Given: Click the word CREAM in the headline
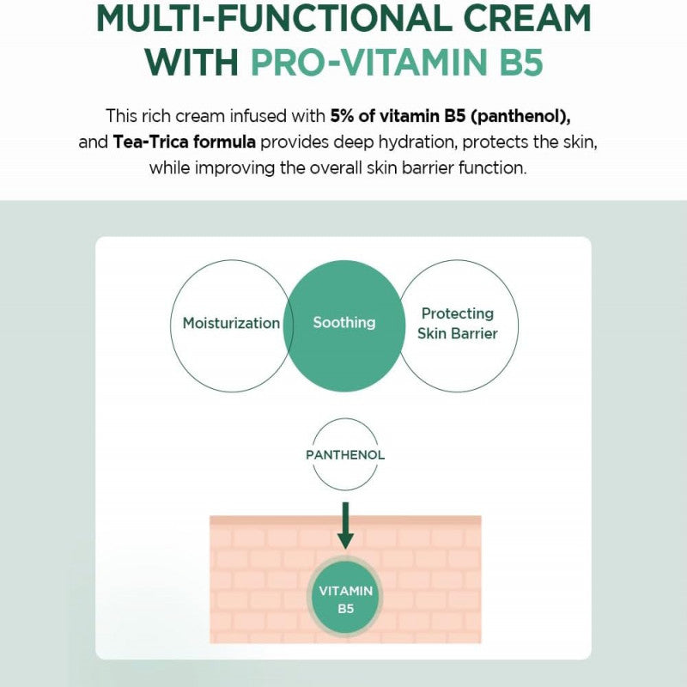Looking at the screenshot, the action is pos(527,17).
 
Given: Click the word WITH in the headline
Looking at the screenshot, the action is pos(192,62).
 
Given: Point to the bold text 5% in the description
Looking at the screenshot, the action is pos(342,116).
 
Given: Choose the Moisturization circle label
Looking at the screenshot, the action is pos(231,324).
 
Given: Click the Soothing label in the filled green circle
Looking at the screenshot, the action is pos(344,323).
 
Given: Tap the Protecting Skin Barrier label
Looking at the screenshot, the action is pos(458,324).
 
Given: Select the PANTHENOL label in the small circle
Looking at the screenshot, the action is pos(345,455).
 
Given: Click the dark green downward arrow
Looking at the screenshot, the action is pos(346,526).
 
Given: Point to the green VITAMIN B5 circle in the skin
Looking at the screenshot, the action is pos(346,599).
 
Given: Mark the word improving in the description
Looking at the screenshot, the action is pos(234,168).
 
